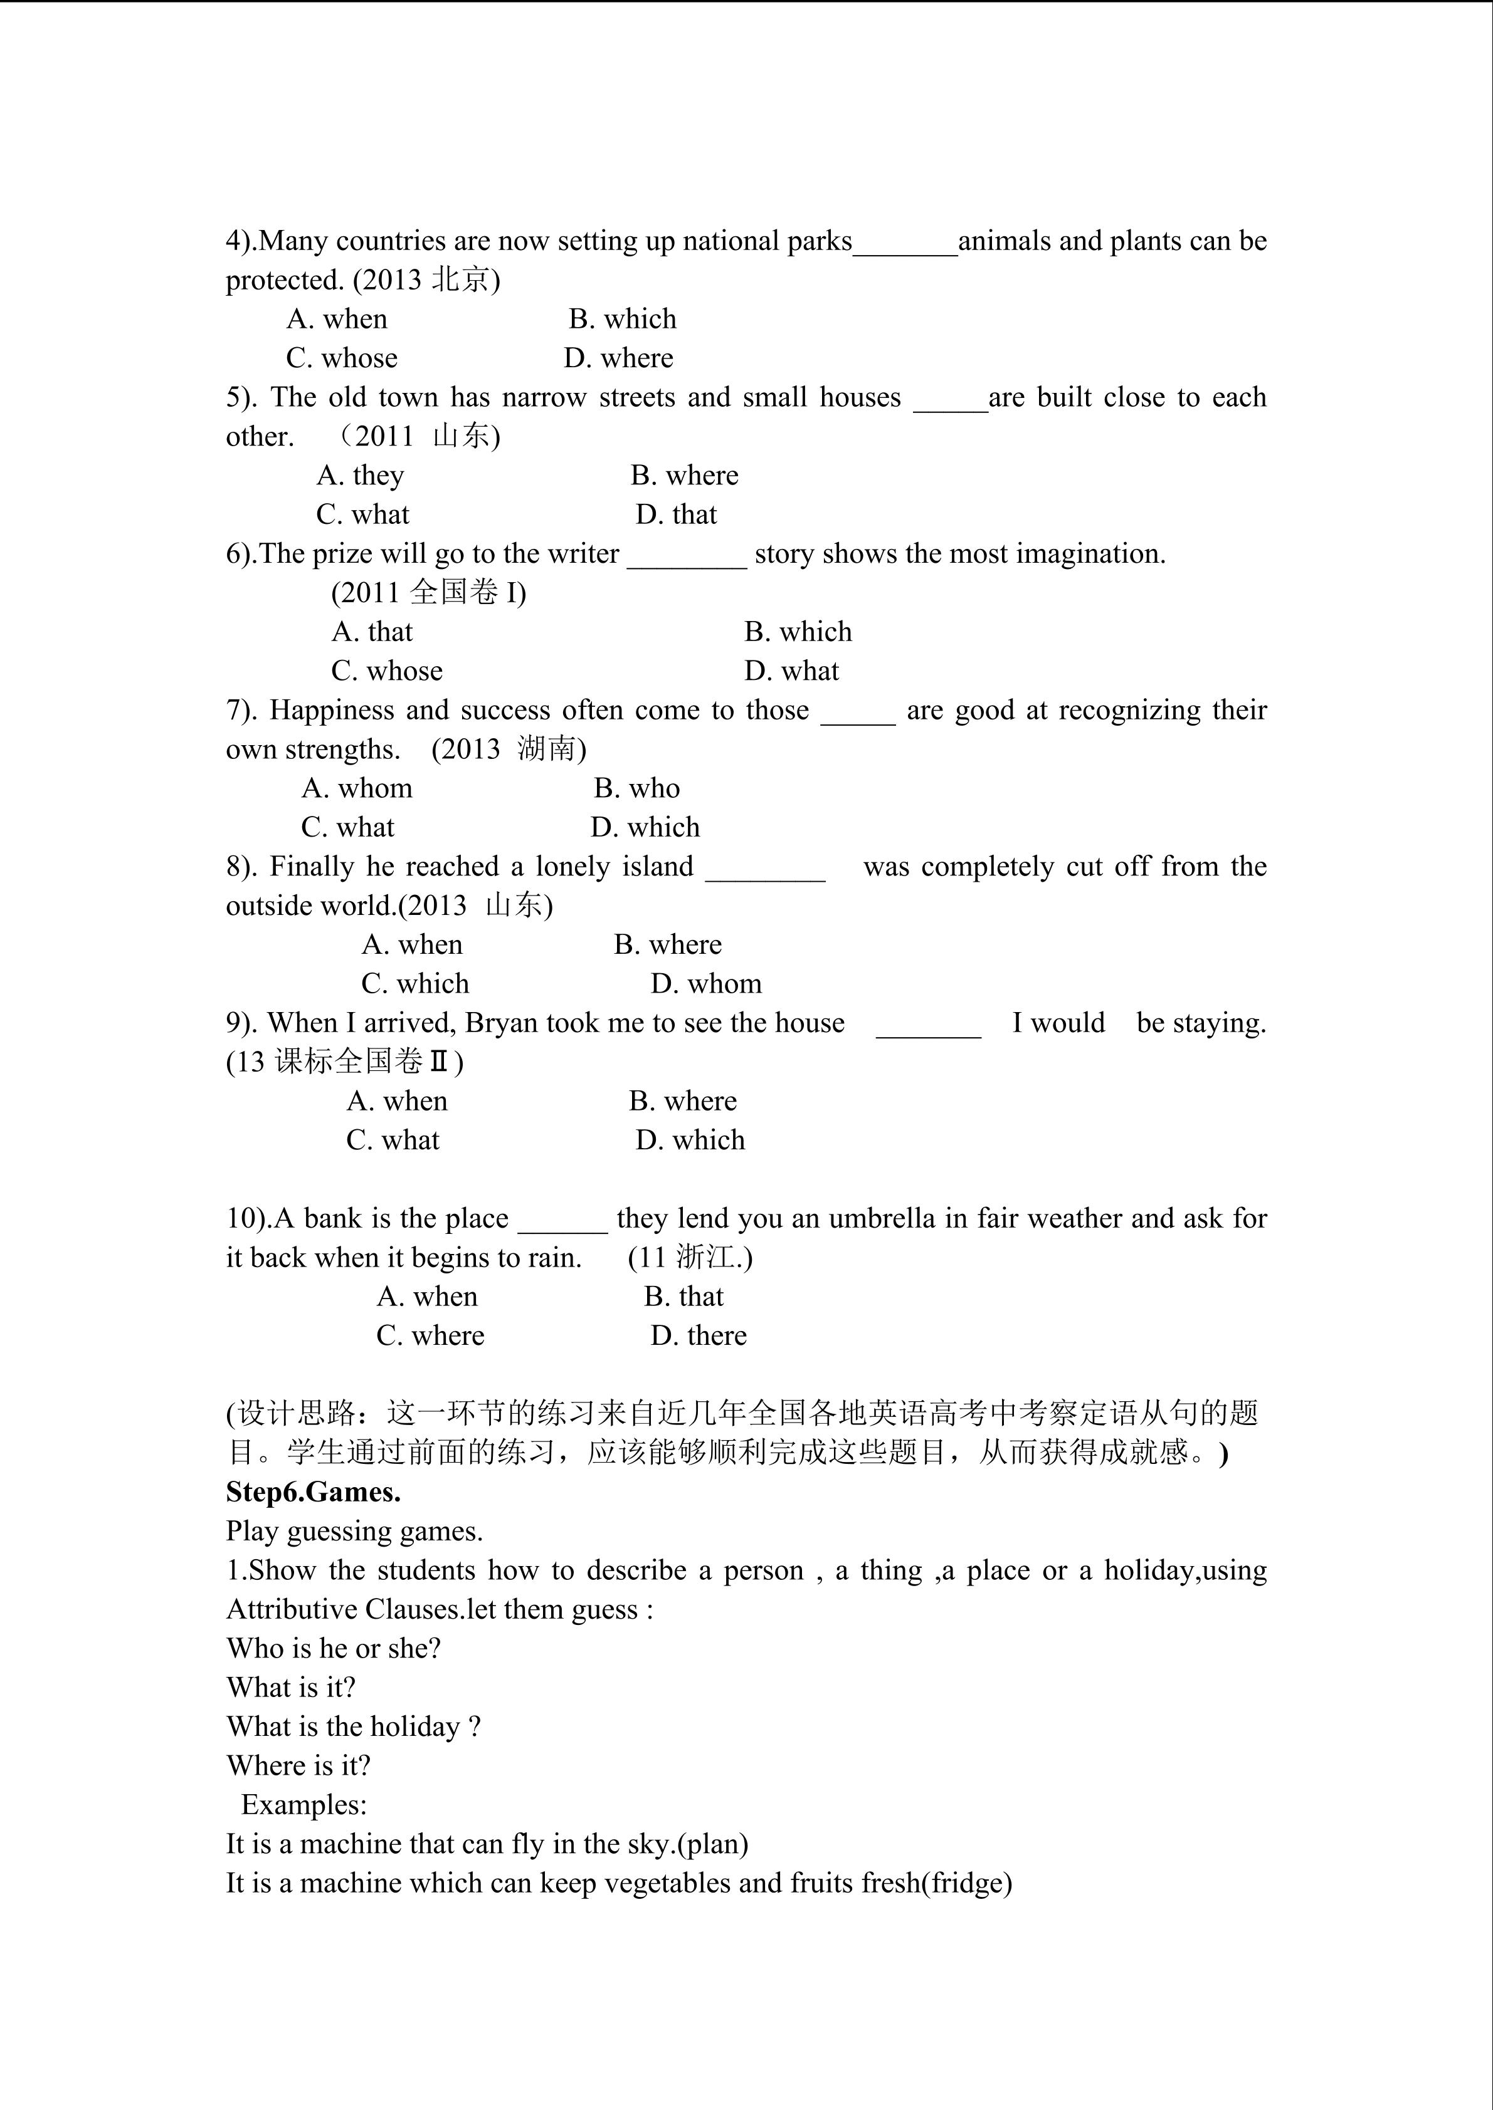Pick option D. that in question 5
pyautogui.click(x=676, y=514)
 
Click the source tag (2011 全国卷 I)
pyautogui.click(x=428, y=593)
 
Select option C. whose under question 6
pyautogui.click(x=387, y=671)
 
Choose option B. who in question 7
pyautogui.click(x=636, y=788)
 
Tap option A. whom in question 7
pyautogui.click(x=357, y=788)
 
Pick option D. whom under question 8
pyautogui.click(x=706, y=984)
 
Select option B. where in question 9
pyautogui.click(x=682, y=1101)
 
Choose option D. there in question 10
pyautogui.click(x=699, y=1335)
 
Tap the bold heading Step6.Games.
pyautogui.click(x=314, y=1493)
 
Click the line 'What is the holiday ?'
pyautogui.click(x=354, y=1726)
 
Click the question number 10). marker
pyautogui.click(x=248, y=1219)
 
